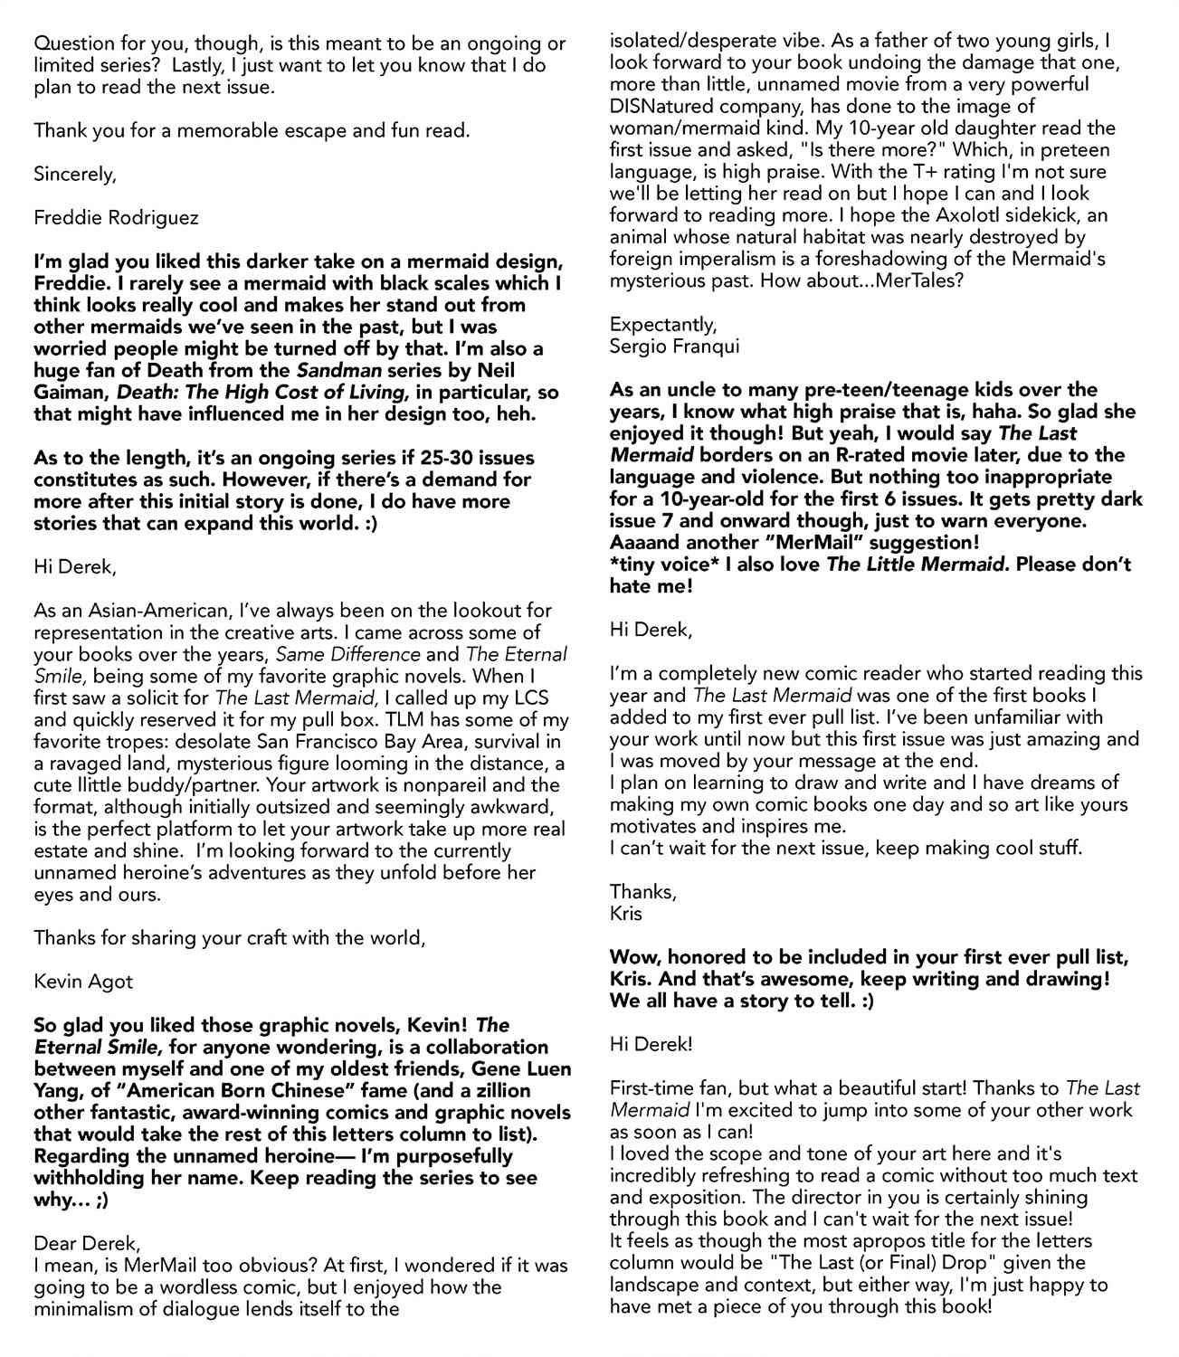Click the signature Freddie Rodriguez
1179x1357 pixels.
point(116,218)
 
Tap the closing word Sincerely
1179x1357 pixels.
point(74,174)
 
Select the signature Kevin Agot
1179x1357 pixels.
point(83,982)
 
